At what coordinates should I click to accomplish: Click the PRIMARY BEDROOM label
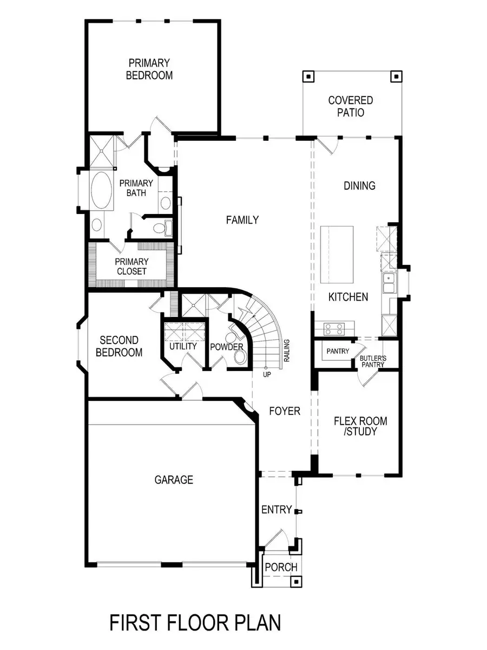point(149,69)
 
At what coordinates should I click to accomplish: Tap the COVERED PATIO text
point(351,106)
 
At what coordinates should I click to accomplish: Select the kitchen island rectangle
point(337,255)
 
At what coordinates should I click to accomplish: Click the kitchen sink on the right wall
point(389,282)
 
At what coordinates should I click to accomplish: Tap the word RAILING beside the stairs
point(287,350)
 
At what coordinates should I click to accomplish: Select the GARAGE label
point(174,479)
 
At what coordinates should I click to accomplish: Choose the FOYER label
point(285,411)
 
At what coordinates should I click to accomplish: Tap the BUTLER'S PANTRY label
point(373,361)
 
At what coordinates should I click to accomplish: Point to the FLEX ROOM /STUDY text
point(360,426)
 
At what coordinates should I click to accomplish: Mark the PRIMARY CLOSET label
point(131,266)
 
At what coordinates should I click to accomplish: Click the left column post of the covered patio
point(308,76)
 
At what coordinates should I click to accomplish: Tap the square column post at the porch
point(295,582)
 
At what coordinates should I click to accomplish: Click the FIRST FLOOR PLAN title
point(195,622)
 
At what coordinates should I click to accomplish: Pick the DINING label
point(360,186)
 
